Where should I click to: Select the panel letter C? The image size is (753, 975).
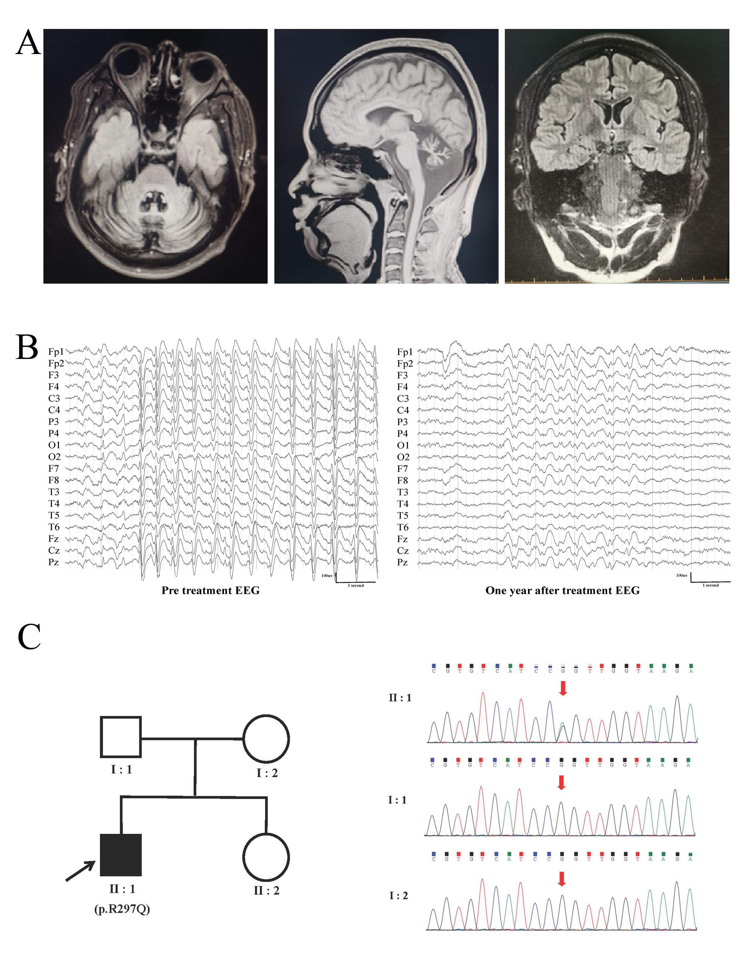[x=29, y=637]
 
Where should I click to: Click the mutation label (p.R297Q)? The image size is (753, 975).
[x=122, y=909]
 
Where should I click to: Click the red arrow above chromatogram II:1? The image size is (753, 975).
[x=563, y=688]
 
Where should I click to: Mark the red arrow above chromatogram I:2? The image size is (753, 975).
[x=562, y=879]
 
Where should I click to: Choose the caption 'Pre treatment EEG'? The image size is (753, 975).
[x=210, y=591]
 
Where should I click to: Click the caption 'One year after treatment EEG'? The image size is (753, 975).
[x=562, y=591]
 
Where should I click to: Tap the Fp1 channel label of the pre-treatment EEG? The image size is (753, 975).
[x=56, y=352]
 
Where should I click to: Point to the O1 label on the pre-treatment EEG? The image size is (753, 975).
[x=54, y=445]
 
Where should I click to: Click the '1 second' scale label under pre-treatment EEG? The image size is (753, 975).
[x=356, y=585]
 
